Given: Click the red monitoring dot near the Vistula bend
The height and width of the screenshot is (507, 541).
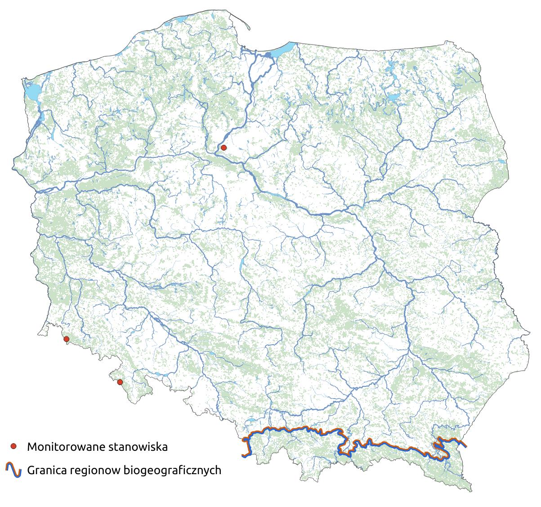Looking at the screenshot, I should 224,147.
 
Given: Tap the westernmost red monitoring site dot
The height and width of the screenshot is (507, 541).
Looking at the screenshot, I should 66,339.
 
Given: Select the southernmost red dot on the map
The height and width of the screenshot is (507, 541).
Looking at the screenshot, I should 120,382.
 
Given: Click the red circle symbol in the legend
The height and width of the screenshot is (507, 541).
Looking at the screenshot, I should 13,446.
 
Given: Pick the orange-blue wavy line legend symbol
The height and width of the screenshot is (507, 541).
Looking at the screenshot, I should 13,470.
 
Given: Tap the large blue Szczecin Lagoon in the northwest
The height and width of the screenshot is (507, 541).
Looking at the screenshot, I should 31,92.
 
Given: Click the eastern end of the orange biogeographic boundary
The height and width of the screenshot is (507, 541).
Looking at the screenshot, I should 465,446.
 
